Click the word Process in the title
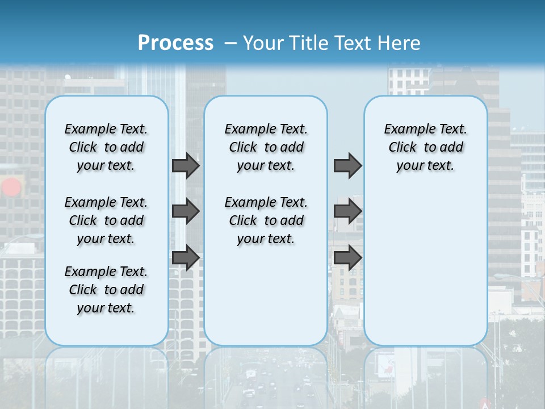175,43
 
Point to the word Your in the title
263,43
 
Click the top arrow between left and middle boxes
186,165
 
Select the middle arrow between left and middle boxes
186,211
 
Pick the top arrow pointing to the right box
347,165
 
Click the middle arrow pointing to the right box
347,211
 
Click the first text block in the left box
106,147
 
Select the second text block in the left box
106,220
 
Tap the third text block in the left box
106,290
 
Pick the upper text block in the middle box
266,147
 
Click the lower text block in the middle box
266,220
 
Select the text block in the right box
425,147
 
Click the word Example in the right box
407,130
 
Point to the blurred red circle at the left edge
11,187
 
